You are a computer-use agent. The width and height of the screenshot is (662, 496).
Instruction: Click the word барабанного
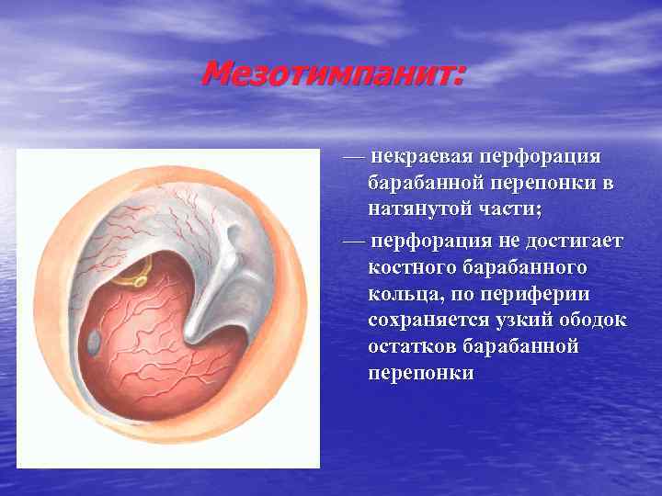coord(536,268)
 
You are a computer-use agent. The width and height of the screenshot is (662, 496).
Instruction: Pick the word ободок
coord(599,321)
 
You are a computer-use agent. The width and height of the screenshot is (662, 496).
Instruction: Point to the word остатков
coord(412,347)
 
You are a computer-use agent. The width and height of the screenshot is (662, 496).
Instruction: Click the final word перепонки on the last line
coord(421,374)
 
